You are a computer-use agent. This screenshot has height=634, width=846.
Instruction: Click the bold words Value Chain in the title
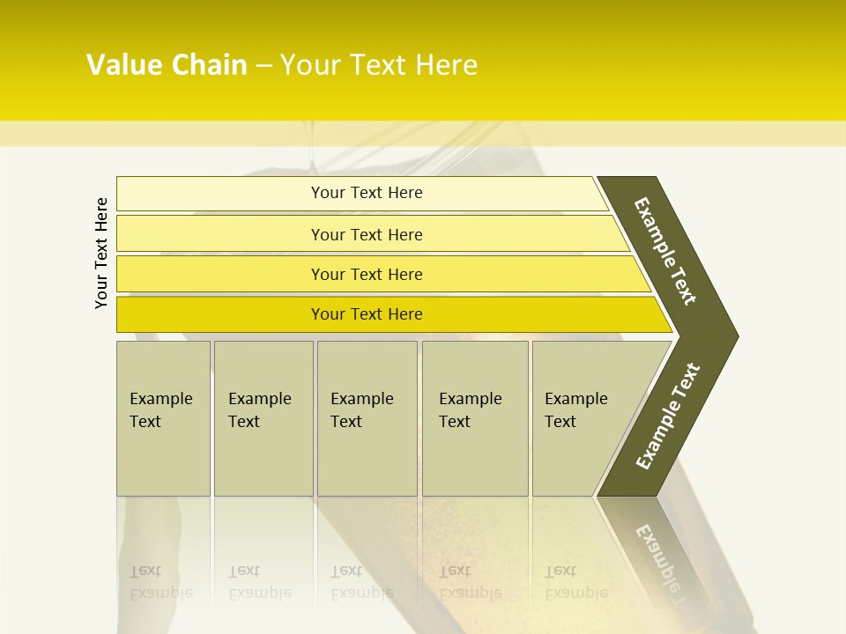[167, 65]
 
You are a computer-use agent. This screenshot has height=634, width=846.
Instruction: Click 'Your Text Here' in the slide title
[379, 65]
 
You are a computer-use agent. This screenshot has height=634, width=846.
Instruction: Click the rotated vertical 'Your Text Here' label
[101, 253]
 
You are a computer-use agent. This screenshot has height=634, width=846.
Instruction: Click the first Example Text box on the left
[163, 418]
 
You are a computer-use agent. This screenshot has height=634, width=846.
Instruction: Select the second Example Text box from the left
[263, 418]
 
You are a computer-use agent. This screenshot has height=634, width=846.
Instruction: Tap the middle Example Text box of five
[367, 418]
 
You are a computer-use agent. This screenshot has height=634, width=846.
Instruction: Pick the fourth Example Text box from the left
[474, 418]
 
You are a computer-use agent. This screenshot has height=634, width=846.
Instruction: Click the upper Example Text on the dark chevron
[665, 251]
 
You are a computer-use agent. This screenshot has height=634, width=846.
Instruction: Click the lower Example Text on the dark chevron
[667, 417]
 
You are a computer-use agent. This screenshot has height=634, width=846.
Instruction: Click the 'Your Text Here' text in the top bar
[367, 193]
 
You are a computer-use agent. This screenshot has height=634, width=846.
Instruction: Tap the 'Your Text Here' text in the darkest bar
[367, 314]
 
